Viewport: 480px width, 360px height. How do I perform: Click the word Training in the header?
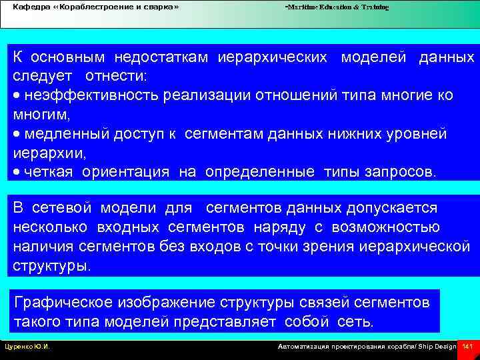click(x=374, y=7)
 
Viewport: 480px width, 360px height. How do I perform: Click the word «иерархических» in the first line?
click(x=273, y=58)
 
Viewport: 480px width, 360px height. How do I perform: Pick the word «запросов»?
click(x=399, y=172)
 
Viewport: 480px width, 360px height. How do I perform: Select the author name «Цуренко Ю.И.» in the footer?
click(x=27, y=347)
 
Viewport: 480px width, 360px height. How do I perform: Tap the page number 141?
click(x=467, y=347)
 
